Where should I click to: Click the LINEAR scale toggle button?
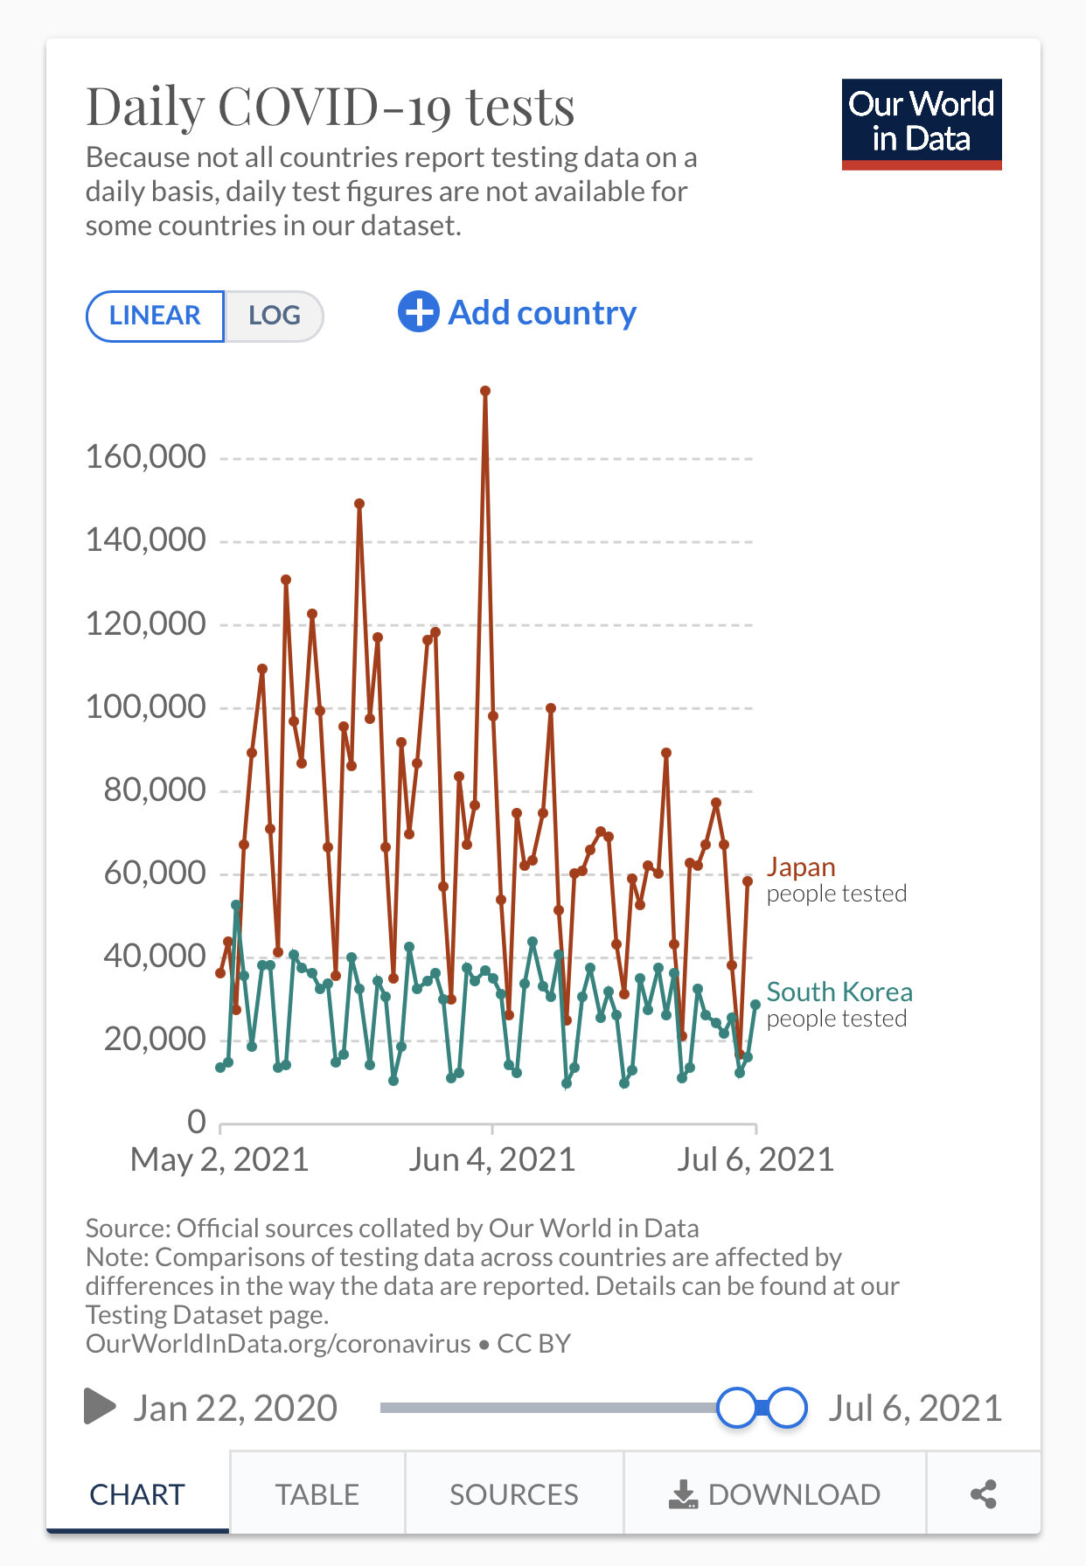tap(155, 316)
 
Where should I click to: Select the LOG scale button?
tap(274, 316)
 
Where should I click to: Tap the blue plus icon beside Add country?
tap(418, 312)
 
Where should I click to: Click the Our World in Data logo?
tap(921, 124)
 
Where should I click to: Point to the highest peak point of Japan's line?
tap(485, 391)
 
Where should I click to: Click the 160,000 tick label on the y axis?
tap(146, 456)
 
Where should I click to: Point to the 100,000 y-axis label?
tap(146, 706)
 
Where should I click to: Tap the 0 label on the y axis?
tap(197, 1122)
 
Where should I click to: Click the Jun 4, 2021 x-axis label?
tap(491, 1160)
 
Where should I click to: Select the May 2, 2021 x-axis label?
tap(219, 1160)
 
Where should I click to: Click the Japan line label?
tap(801, 867)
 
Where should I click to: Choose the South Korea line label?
tap(839, 992)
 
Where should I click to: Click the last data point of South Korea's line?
tap(755, 1005)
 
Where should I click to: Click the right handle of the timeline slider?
tap(787, 1408)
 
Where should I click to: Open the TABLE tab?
tap(317, 1494)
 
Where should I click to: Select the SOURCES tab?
tap(513, 1494)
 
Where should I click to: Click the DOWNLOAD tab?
tap(775, 1494)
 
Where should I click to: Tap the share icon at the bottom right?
tap(984, 1494)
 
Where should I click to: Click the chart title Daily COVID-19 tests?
tap(331, 107)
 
